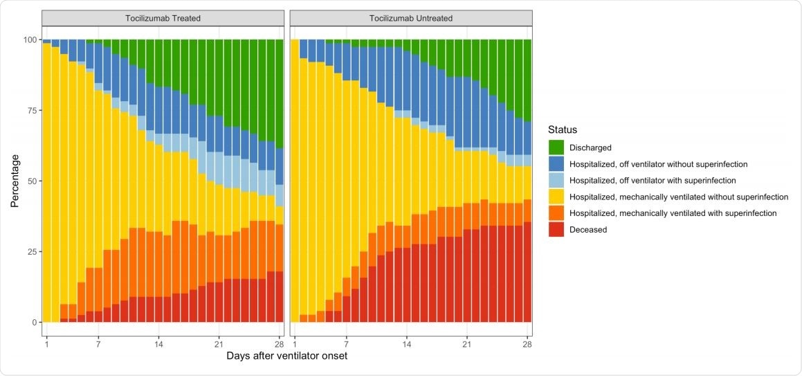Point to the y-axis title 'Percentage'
coord(15,181)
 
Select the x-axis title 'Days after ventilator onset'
coord(287,356)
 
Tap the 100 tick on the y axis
coord(30,39)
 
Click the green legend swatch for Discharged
coord(556,147)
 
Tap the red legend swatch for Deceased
coord(556,230)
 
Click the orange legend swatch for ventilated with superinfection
coord(556,213)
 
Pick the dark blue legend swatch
coord(556,164)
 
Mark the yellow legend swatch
coord(556,197)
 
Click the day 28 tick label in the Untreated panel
coord(527,343)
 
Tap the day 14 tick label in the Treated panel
coord(158,343)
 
